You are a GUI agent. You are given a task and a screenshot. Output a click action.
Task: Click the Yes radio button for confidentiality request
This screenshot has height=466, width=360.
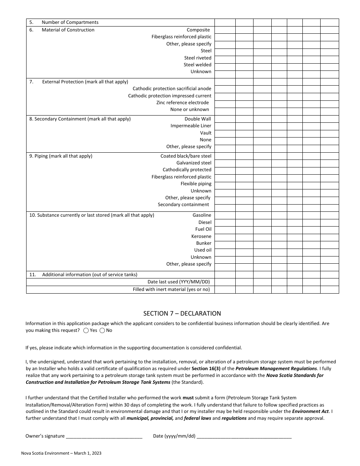[x=86, y=330]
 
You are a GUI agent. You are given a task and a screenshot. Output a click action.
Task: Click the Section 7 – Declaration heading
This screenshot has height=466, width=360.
[x=182, y=313]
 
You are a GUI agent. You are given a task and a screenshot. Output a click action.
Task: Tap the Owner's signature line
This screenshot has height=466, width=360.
[x=104, y=436]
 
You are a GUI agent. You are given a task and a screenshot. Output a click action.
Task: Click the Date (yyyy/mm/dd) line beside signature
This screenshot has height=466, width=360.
[x=244, y=436]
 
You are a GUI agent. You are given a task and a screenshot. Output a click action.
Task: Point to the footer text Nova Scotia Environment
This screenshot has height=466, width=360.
[x=61, y=453]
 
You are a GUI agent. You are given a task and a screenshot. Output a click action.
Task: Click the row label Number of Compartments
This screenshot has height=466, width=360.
[x=70, y=22]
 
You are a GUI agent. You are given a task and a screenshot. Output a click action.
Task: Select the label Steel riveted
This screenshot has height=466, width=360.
[x=198, y=58]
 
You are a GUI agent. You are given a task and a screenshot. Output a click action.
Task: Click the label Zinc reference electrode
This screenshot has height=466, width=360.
[x=183, y=103]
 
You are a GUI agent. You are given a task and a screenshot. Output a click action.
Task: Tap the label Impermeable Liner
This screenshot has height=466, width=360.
[x=191, y=126]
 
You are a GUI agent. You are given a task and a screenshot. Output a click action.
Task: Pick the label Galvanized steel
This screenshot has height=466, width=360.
[x=194, y=163]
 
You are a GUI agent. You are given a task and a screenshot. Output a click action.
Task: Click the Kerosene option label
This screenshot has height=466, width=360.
[x=201, y=236]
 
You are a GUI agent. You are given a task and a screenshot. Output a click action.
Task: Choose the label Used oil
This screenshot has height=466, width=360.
[x=203, y=250]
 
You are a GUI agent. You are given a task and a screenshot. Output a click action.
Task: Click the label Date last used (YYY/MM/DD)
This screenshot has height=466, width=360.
[x=178, y=282]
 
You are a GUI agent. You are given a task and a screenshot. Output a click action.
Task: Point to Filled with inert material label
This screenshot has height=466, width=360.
[x=171, y=289]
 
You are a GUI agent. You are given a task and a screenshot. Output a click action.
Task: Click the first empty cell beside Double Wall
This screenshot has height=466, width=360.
[x=225, y=119]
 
